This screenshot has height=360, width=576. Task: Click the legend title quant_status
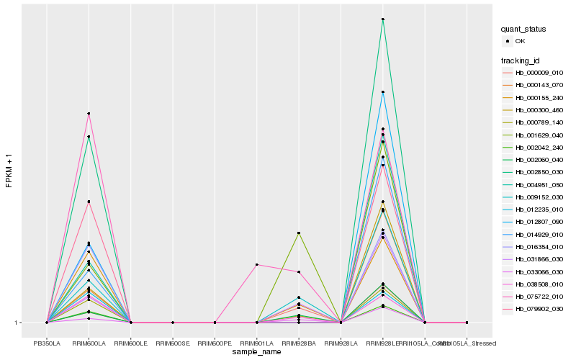(x=523, y=29)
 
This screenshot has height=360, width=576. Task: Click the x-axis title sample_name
(x=256, y=352)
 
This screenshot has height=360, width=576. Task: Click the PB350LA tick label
(x=47, y=343)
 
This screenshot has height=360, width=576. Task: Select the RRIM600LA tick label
(x=89, y=343)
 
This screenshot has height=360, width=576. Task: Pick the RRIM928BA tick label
(x=299, y=343)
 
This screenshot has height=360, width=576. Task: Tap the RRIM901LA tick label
(x=257, y=343)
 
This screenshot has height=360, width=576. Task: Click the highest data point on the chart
(x=383, y=19)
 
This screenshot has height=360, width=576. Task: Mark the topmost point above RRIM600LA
(x=89, y=114)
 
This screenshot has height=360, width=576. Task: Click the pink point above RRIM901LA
(x=257, y=265)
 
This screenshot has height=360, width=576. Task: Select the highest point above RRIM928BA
(x=299, y=233)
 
